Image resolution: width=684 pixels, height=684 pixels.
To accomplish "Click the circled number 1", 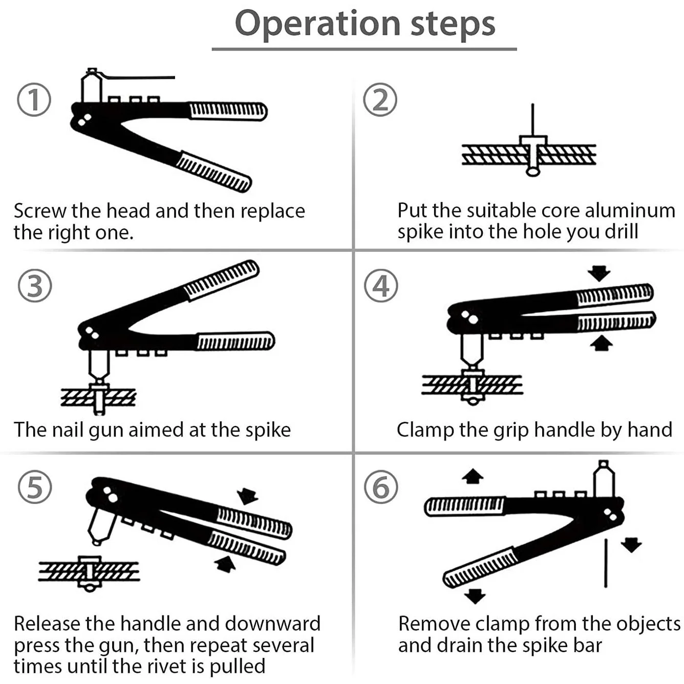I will coord(34,100).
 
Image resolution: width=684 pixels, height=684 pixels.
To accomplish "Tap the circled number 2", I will coord(380,100).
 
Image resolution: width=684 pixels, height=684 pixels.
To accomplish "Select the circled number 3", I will coord(35,286).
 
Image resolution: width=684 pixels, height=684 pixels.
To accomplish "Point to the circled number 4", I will coord(381,286).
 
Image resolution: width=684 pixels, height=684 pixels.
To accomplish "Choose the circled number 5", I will coord(35,487).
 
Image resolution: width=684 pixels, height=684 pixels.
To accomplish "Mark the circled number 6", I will coord(381,487).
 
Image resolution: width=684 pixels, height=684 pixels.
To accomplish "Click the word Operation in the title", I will coord(317,24).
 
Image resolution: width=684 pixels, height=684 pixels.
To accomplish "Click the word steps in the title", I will coord(453,24).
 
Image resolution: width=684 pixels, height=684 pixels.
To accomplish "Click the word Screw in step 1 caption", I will coord(40,211).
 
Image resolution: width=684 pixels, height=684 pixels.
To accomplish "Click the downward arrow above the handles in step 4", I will coord(599,273).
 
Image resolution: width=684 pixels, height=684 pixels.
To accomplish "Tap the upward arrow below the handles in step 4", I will coord(601,343).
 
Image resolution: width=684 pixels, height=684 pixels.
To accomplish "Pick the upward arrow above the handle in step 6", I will coord(472,477).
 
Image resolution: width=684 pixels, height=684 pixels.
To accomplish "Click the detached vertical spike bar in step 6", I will coord(606,563).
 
